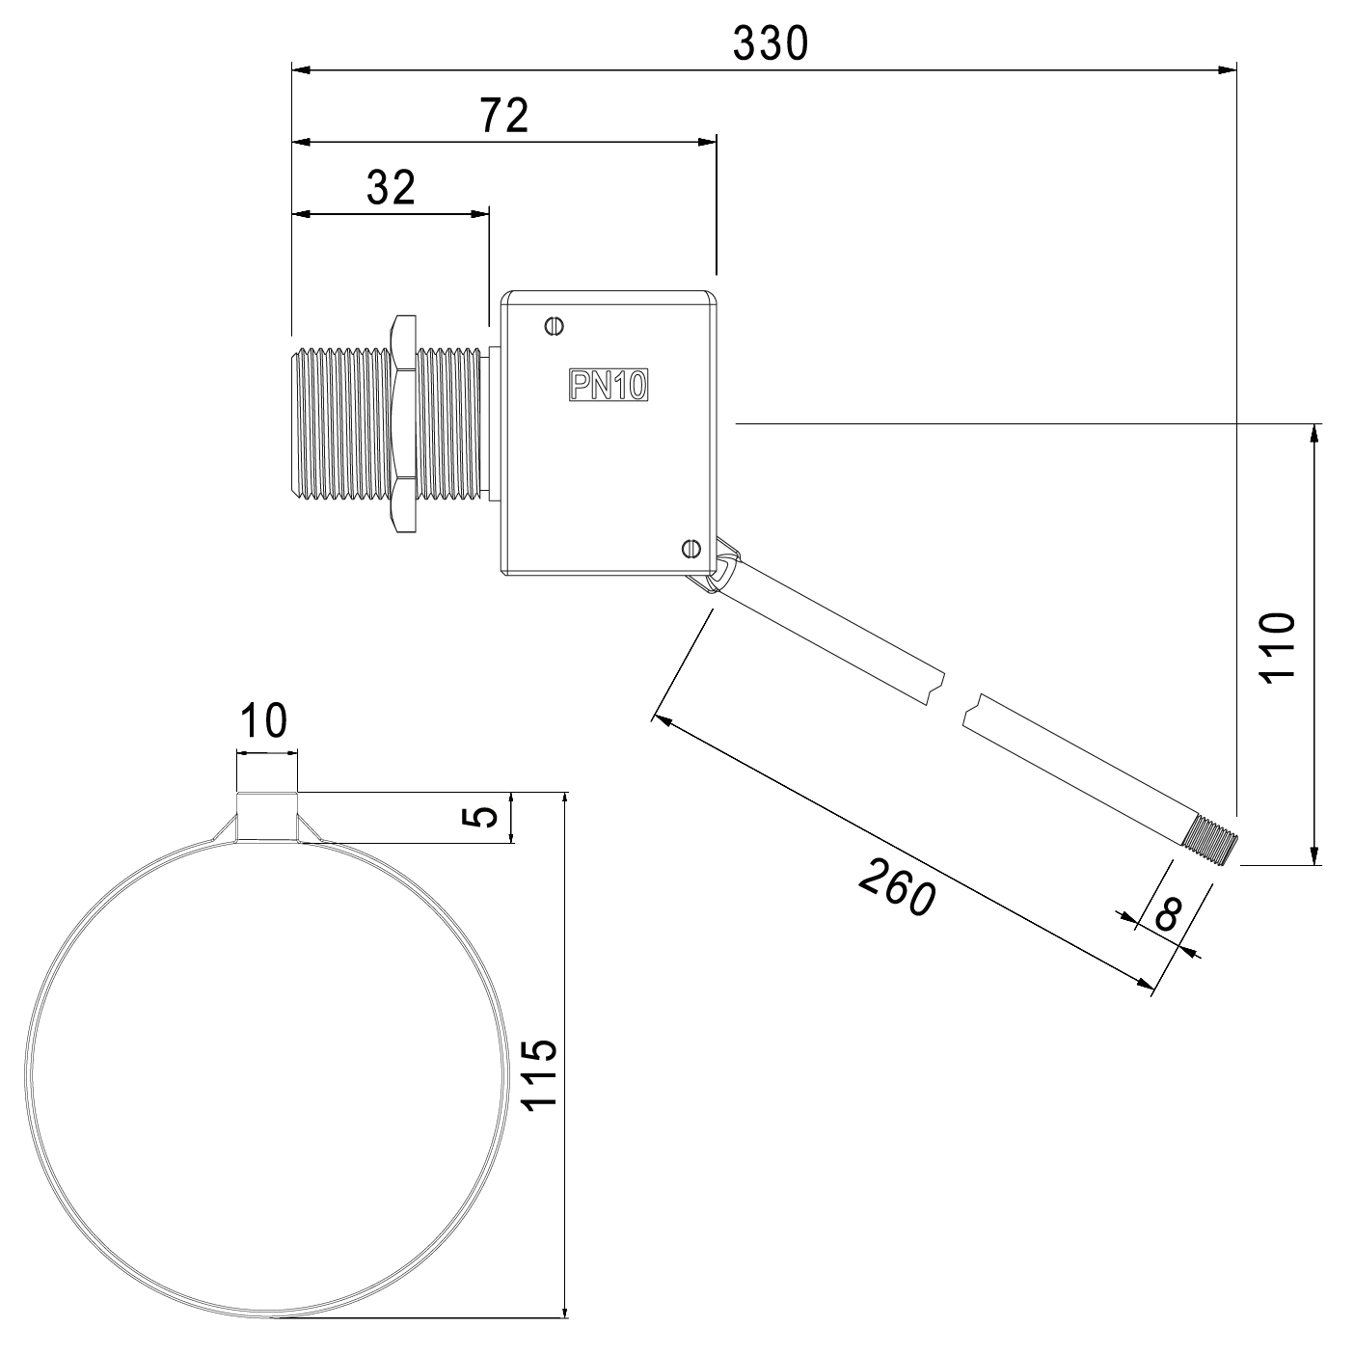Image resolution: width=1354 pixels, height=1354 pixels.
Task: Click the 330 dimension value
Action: (771, 43)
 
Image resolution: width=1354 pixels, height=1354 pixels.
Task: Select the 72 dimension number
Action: (503, 116)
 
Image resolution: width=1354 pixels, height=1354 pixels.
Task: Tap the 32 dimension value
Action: (391, 188)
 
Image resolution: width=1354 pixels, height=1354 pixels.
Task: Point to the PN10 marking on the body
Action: (608, 385)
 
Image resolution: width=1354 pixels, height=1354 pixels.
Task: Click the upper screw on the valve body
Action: (555, 326)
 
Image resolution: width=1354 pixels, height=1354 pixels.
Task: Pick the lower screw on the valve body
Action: (691, 548)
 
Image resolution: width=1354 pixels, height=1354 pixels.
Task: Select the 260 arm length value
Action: (897, 887)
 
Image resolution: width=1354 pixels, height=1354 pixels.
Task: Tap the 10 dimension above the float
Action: (264, 720)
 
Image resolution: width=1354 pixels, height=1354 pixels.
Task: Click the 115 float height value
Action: (540, 1074)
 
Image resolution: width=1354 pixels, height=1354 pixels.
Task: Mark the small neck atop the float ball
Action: (267, 817)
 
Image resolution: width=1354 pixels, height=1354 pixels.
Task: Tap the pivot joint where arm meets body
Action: (718, 566)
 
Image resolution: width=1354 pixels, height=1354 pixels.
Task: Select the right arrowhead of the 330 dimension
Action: (1227, 69)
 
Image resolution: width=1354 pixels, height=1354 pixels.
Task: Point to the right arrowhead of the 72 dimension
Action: (707, 142)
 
